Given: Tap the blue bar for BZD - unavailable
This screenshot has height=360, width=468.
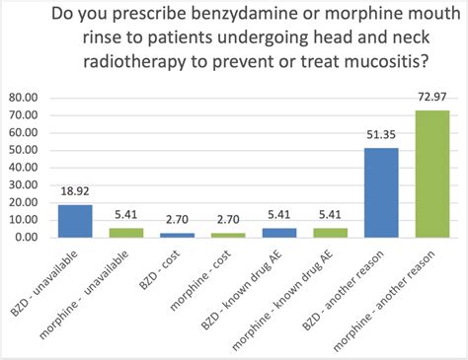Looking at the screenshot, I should point(75,221).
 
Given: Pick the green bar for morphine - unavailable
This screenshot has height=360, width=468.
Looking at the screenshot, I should point(126,233).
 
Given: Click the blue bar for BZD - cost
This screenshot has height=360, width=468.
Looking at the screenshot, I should point(177,235).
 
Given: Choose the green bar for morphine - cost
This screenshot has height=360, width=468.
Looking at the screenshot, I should point(228,235).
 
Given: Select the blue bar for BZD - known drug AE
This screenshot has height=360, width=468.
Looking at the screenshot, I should point(278,233).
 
